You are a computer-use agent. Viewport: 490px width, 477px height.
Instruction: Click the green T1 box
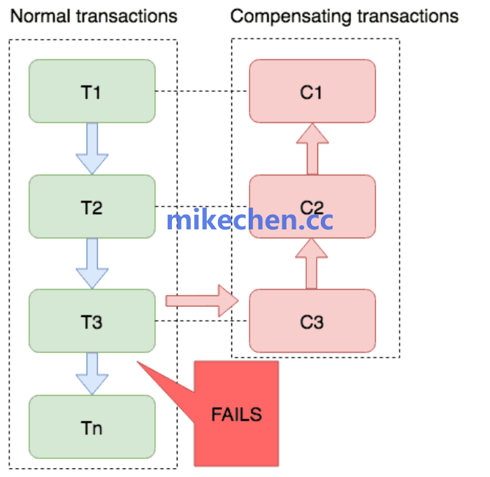pos(92,91)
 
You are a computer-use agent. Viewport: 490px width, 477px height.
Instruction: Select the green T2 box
pos(92,206)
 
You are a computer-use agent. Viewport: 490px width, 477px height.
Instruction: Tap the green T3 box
pos(92,321)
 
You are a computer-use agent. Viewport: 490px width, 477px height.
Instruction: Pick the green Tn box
pos(92,427)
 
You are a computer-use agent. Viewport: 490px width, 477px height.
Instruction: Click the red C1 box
pos(312,91)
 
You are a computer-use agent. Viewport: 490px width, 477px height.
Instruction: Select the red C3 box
pos(312,321)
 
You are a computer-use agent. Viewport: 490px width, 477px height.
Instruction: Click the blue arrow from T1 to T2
pos(92,148)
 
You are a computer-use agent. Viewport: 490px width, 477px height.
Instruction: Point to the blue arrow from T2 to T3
pos(92,263)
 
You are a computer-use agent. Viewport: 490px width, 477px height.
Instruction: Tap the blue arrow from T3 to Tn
pos(92,373)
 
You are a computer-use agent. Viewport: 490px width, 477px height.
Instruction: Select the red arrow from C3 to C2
pos(312,264)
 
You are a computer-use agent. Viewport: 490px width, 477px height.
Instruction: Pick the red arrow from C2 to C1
pos(312,149)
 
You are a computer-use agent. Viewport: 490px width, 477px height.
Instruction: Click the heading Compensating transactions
pos(344,16)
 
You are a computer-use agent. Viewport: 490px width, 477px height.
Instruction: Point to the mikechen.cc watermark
pos(250,221)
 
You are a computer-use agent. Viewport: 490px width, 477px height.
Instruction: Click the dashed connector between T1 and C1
pos(202,92)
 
